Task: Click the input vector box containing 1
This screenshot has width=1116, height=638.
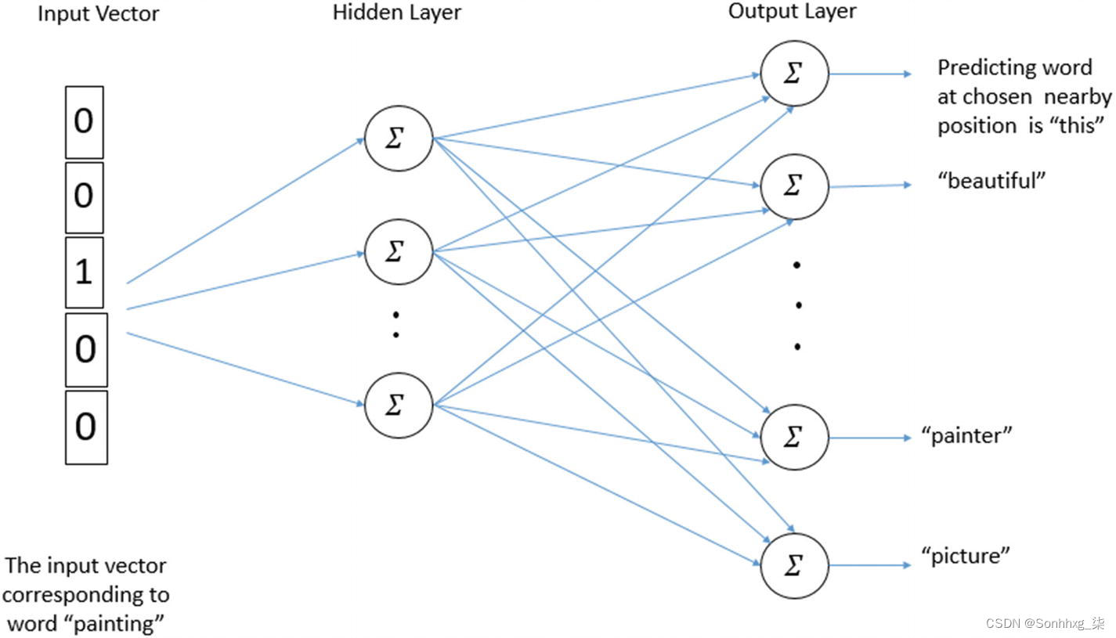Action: tap(84, 272)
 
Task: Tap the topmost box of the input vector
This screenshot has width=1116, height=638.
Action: tap(84, 121)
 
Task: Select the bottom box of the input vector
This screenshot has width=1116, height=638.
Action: tap(85, 427)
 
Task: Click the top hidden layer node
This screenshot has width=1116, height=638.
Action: tap(398, 139)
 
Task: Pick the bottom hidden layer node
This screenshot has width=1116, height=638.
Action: tap(398, 405)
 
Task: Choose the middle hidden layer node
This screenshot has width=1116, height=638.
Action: tap(398, 252)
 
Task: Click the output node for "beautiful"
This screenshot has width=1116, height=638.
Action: tap(794, 186)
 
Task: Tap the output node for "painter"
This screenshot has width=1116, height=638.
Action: tap(794, 438)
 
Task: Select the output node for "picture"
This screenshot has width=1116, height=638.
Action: tap(794, 565)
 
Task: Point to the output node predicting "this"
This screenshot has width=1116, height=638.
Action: tap(794, 74)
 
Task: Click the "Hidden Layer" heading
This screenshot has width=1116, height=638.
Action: tap(397, 13)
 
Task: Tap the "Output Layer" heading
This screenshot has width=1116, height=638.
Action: tap(792, 11)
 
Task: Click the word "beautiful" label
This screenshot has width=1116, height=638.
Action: tap(991, 182)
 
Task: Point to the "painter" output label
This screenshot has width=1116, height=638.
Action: tap(967, 435)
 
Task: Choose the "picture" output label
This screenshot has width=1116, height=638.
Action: tap(966, 557)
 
